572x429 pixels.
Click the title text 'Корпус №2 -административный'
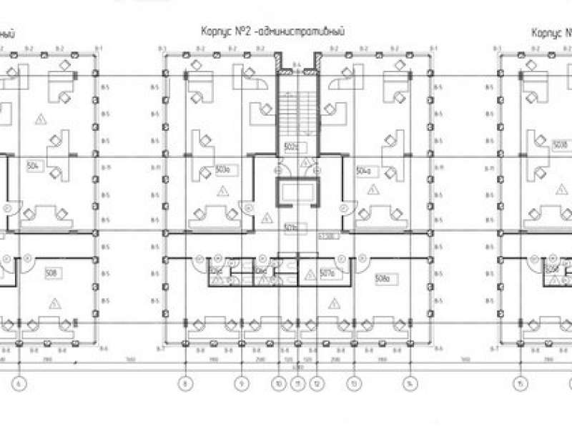tap(273, 32)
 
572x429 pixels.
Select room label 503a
tap(222, 170)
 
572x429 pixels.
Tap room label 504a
tap(363, 171)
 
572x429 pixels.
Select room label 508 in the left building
tap(51, 272)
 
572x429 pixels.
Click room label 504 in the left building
tap(32, 166)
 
